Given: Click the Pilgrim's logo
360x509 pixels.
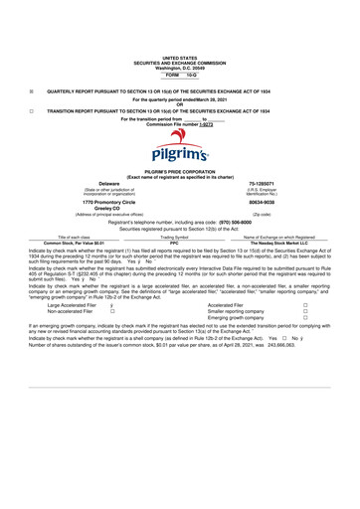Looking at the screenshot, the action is [180, 149].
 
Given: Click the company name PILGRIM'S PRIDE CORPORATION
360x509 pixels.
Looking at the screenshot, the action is [180, 172].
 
